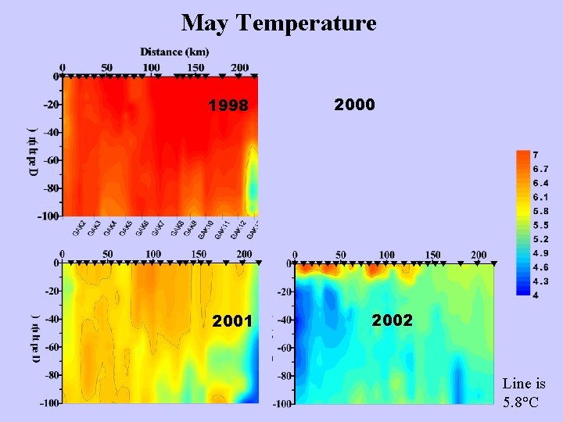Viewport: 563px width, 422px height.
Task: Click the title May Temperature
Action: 278,23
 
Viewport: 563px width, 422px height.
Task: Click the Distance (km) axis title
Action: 174,52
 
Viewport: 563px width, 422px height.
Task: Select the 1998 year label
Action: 228,105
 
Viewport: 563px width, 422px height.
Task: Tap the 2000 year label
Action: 354,104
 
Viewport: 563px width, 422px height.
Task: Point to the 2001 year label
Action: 232,321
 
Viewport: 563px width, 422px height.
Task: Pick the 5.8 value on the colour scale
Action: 540,211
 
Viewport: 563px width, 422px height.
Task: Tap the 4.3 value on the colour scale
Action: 540,281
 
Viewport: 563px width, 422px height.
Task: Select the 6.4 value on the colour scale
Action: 540,183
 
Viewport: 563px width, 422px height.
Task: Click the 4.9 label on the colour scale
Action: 540,252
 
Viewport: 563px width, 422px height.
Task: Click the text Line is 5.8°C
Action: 524,392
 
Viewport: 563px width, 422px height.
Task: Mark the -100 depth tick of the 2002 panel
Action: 281,404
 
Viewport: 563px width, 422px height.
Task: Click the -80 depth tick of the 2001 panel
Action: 52,374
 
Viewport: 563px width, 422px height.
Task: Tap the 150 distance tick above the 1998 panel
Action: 195,67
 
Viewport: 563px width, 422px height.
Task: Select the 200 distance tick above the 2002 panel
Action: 479,255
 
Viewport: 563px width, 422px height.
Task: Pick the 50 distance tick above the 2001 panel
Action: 107,254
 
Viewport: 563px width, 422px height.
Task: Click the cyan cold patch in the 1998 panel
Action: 252,184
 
